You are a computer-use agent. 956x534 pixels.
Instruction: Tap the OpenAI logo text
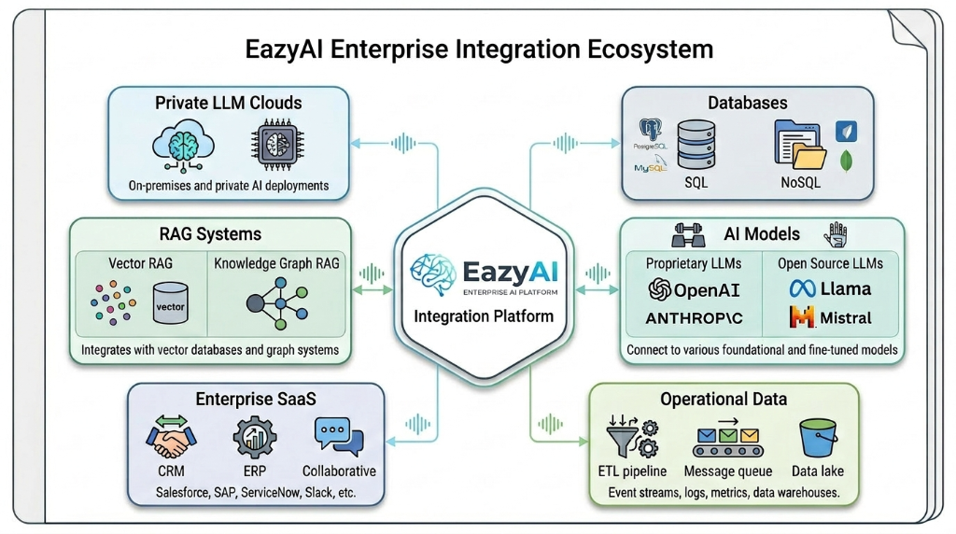point(694,288)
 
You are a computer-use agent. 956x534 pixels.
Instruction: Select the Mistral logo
point(831,318)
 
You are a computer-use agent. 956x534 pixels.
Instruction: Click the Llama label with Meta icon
point(830,288)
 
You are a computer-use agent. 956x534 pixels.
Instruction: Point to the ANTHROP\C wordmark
point(694,318)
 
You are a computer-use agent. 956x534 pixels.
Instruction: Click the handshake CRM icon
point(171,437)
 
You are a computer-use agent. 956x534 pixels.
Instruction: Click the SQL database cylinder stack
point(696,145)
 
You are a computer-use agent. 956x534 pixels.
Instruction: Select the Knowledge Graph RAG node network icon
point(276,302)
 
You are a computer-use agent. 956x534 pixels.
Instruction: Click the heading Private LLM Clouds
point(229,103)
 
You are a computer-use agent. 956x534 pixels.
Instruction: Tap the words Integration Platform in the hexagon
point(484,316)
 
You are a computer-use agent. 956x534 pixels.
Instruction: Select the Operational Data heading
point(724,399)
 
